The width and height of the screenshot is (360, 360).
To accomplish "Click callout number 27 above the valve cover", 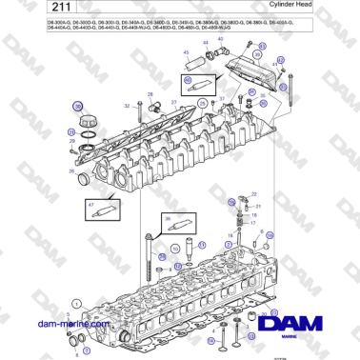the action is (173, 102).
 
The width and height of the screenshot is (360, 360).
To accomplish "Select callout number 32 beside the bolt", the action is (127, 108).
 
